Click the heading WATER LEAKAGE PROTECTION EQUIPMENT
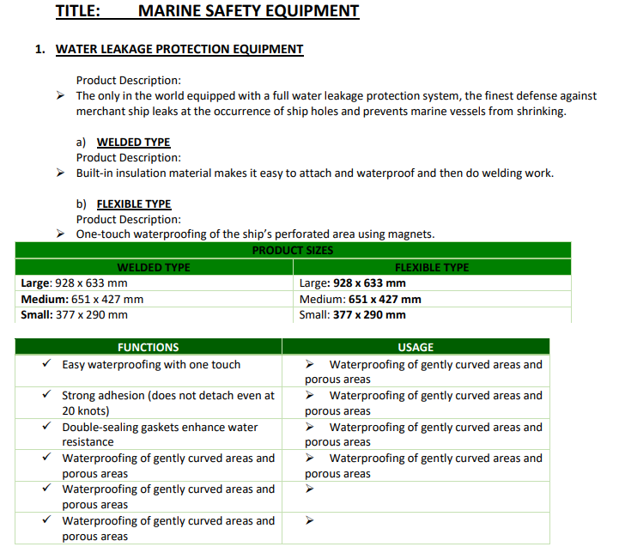click(179, 49)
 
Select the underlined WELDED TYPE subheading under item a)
click(133, 142)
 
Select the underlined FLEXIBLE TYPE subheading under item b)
click(134, 204)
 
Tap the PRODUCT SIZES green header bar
click(293, 250)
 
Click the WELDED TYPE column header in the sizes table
click(154, 267)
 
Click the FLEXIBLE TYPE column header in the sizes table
click(431, 267)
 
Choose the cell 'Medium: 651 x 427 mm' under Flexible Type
click(360, 299)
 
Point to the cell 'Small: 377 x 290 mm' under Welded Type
click(75, 314)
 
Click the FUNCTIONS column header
click(148, 347)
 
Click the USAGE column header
click(416, 347)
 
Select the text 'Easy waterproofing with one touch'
click(151, 364)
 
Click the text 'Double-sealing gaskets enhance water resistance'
click(160, 434)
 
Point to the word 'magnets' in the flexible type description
click(411, 234)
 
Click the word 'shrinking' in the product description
click(539, 112)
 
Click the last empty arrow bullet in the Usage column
click(310, 520)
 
